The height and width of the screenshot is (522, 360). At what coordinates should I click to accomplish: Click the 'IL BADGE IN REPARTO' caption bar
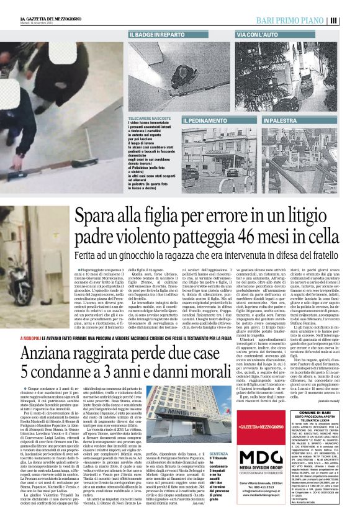157,35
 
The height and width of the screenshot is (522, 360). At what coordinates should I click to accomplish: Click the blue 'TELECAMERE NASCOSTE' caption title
146,117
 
